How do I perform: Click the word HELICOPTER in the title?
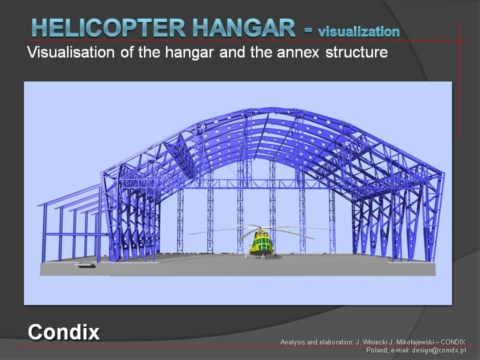(x=108, y=28)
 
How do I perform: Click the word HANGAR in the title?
(x=244, y=28)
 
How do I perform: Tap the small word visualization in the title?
(x=359, y=31)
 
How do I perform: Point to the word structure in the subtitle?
(x=356, y=52)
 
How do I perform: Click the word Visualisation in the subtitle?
(x=70, y=52)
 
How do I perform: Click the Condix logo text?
(x=63, y=332)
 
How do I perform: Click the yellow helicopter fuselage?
(x=261, y=244)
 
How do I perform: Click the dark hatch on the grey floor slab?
(x=85, y=266)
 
